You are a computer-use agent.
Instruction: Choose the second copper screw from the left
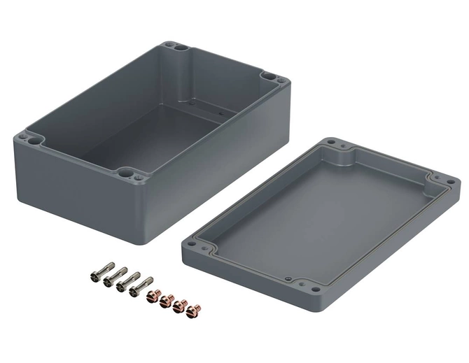(x=167, y=300)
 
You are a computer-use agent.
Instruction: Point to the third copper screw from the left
(x=180, y=305)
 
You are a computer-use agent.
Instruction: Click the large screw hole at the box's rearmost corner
(x=178, y=49)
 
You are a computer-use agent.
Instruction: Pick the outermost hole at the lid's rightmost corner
(x=451, y=184)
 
